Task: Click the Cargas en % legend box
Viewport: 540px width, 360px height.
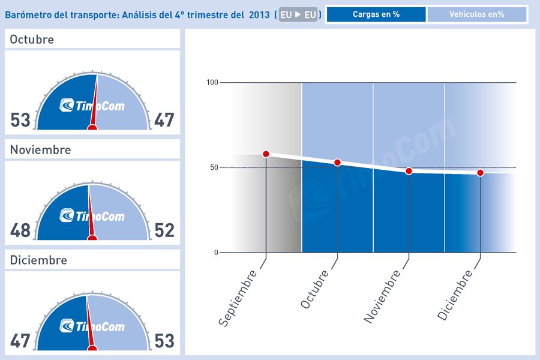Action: point(376,14)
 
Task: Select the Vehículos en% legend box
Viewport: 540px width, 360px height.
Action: point(476,14)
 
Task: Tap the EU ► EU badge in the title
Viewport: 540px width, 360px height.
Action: point(298,15)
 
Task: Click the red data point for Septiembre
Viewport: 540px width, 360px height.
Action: point(266,154)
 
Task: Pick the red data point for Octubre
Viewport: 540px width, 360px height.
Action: point(337,163)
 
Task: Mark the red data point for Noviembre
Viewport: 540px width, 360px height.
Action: point(409,171)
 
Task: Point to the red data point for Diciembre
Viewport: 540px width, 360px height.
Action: point(481,173)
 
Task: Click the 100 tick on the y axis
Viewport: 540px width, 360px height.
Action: point(211,82)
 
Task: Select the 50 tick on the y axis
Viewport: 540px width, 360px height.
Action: point(214,167)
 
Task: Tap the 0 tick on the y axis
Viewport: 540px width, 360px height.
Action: point(216,253)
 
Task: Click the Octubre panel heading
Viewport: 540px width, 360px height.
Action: point(32,40)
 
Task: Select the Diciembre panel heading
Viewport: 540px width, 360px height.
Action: point(38,260)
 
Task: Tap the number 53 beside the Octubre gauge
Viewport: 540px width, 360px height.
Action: point(20,120)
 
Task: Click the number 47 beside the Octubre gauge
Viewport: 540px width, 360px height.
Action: point(164,120)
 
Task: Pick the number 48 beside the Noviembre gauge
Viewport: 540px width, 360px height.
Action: point(20,230)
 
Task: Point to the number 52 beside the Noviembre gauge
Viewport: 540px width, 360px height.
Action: point(164,230)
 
